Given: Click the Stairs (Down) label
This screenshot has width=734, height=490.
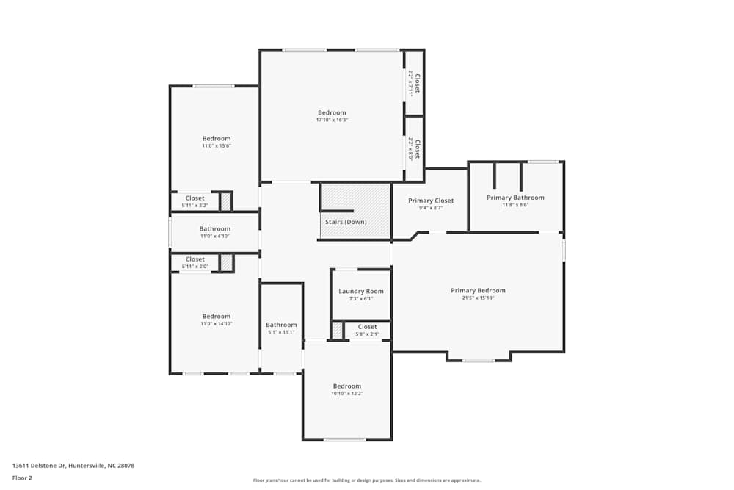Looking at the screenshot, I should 346,222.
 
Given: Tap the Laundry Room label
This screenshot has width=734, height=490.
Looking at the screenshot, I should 360,292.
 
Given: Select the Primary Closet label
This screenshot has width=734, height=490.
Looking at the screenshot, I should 431,201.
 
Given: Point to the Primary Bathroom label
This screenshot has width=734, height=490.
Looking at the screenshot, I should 515,198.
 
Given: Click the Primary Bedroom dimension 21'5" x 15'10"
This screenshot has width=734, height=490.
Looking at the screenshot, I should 478,298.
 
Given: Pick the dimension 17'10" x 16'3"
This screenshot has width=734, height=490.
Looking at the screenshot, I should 332,120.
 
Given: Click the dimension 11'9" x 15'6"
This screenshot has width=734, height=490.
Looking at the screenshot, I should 217,146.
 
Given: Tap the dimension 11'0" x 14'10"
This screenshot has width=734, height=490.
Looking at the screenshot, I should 217,324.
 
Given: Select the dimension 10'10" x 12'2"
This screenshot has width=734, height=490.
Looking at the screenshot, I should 347,394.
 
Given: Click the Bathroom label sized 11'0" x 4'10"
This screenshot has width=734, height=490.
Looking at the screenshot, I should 215,228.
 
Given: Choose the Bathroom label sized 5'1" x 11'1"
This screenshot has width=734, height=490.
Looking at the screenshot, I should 281,325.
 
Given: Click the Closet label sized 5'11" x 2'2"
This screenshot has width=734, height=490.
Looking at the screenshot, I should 195,198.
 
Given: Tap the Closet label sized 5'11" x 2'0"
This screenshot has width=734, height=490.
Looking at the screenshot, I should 195,259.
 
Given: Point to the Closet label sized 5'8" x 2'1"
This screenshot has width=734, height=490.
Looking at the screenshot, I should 367,327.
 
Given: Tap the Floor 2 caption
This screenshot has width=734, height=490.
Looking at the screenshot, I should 22,478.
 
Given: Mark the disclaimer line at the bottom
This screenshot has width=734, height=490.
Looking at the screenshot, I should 367,480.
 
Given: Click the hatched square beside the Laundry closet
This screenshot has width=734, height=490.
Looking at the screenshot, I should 337,331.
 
